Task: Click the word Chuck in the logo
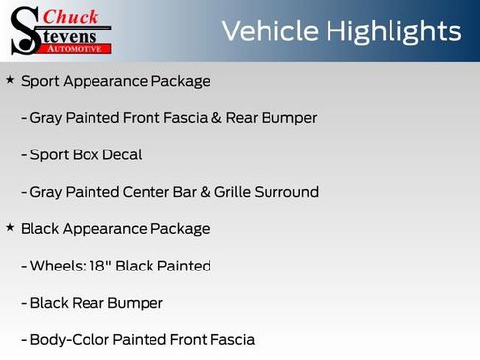[x=71, y=16]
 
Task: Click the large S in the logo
[x=23, y=30]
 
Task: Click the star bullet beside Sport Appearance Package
[x=10, y=79]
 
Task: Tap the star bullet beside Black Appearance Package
[x=10, y=227]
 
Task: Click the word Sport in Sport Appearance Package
[x=39, y=81]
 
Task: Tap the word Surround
[x=285, y=192]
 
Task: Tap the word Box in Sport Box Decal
[x=84, y=154]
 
